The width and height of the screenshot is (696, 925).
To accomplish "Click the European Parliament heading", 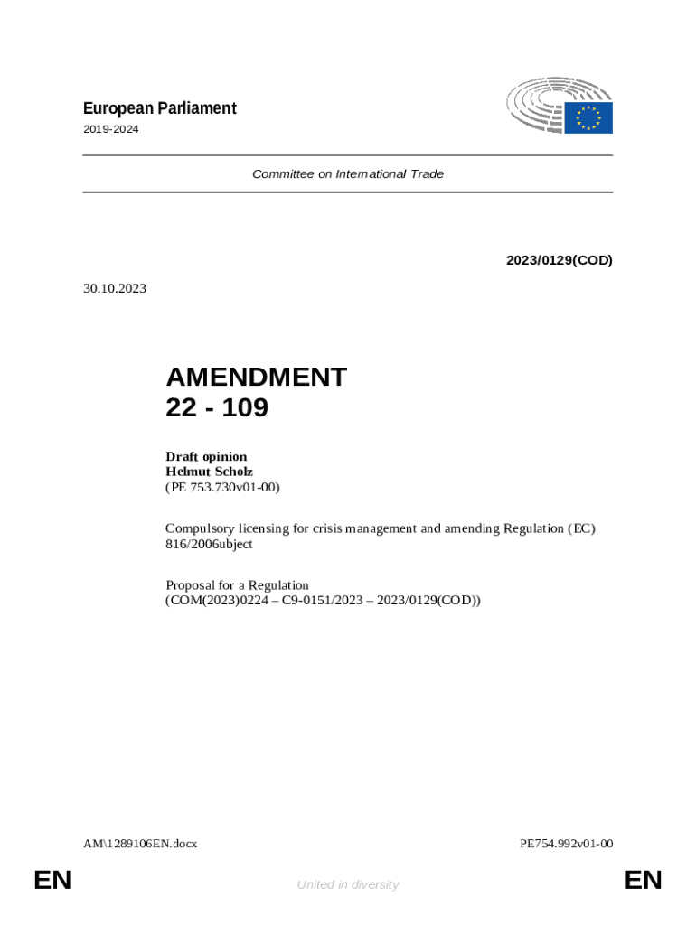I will [159, 108].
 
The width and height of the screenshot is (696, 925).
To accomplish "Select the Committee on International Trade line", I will [348, 173].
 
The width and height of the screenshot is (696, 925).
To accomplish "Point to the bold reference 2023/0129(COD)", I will [559, 260].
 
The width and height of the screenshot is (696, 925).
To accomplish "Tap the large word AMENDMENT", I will [256, 377].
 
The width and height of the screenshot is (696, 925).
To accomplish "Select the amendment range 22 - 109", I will [217, 408].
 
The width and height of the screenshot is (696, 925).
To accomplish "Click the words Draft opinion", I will [206, 456].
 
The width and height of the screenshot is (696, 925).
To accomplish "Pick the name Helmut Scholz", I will [209, 472].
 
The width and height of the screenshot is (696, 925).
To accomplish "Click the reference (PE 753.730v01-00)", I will [223, 487].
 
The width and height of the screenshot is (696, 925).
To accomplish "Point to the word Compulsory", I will [197, 528].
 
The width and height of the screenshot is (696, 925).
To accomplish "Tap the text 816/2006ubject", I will [209, 545].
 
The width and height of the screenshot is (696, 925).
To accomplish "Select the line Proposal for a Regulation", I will [237, 584].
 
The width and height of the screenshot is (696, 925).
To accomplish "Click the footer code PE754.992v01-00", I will [567, 844].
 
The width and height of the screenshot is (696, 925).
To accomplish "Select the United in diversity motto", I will [348, 884].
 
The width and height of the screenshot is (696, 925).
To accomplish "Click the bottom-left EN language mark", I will [52, 880].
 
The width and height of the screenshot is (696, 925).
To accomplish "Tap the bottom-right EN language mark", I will [644, 880].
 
